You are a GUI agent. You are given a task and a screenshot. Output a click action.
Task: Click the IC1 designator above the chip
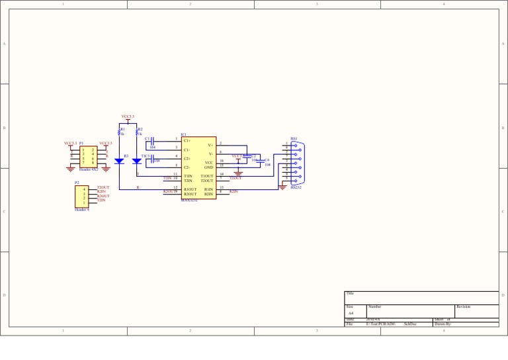click(184, 134)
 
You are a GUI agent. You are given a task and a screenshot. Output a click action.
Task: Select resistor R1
click(120, 133)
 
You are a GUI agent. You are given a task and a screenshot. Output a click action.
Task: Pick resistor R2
click(137, 133)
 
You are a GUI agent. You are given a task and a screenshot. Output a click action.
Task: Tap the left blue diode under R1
click(119, 161)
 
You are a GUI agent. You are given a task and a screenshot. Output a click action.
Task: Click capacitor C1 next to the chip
click(152, 142)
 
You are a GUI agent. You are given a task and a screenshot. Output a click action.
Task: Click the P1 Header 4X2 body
click(88, 157)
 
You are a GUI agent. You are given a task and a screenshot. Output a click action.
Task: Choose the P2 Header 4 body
click(81, 196)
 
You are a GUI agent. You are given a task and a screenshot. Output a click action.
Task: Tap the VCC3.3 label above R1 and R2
click(128, 116)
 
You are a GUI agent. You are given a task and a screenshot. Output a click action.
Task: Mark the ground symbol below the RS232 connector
click(282, 187)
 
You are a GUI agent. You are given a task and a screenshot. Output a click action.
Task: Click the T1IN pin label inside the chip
click(189, 176)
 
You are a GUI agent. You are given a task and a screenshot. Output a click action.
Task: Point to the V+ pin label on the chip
click(210, 144)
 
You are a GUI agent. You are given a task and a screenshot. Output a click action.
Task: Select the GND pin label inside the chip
click(208, 167)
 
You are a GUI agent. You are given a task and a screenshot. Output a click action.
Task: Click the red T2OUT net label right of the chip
click(235, 178)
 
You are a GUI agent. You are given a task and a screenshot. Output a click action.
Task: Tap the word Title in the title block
click(350, 293)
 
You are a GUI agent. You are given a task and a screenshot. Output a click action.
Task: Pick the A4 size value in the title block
click(351, 313)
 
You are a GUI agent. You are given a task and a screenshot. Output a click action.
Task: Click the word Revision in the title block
click(464, 307)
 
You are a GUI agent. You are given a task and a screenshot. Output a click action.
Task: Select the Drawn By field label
click(443, 324)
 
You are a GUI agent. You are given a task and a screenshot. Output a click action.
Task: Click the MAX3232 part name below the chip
click(189, 201)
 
